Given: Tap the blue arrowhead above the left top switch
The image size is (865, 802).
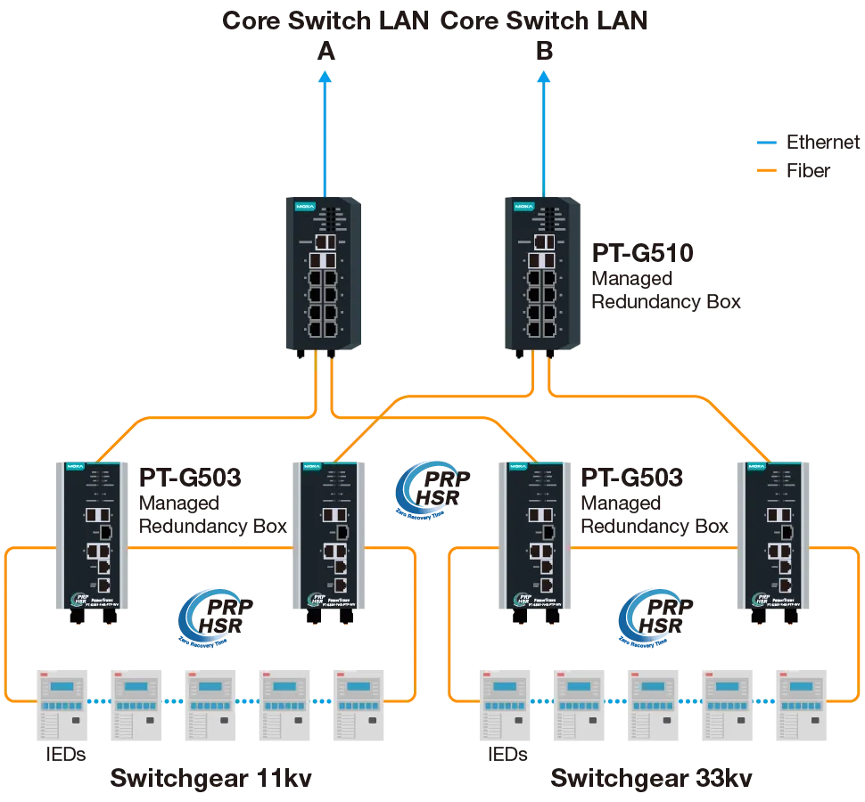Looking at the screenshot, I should click(x=325, y=78).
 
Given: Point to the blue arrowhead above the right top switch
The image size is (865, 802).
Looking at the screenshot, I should click(x=543, y=78).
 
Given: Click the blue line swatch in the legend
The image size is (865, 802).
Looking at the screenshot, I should click(x=767, y=142).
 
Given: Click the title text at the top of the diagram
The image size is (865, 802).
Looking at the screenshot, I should click(x=435, y=21).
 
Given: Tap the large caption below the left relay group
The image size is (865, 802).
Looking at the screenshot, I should click(x=210, y=779).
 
